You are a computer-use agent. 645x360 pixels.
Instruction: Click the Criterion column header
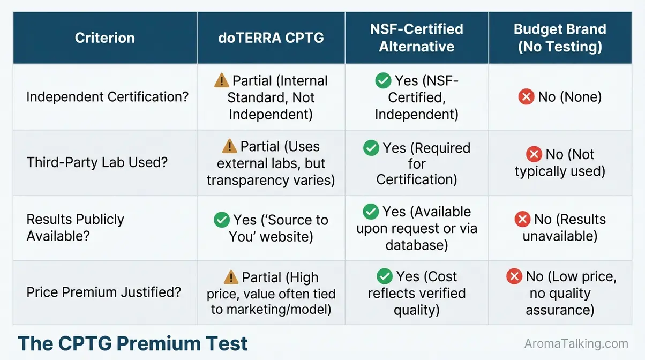tap(104, 38)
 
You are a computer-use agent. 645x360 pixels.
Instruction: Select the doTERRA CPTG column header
tap(271, 38)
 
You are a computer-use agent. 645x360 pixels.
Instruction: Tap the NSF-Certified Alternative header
tap(416, 38)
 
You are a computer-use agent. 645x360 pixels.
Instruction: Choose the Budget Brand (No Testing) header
tap(560, 38)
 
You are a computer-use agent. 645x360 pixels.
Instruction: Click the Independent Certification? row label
tap(107, 97)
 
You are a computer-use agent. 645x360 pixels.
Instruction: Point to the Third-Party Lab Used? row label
tap(97, 162)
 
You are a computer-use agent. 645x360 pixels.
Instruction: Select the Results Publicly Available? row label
tap(76, 227)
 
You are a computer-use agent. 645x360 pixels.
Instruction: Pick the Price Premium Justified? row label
tap(103, 292)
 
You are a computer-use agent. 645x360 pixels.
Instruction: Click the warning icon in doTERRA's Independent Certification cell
tap(221, 81)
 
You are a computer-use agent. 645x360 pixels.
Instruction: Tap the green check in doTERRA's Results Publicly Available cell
tap(221, 220)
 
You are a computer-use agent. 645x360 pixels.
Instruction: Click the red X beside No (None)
tap(526, 97)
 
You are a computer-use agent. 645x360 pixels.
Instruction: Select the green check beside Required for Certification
tap(371, 148)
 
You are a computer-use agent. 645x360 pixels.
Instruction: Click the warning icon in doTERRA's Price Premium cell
tap(231, 277)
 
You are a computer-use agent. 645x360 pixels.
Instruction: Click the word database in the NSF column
tap(417, 245)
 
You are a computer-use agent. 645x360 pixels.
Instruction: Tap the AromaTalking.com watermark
tap(575, 344)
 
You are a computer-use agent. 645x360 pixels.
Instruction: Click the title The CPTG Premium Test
tap(133, 343)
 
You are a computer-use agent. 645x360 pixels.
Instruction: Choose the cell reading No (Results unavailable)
tap(560, 228)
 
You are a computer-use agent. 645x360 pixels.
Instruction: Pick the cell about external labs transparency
tap(271, 163)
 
